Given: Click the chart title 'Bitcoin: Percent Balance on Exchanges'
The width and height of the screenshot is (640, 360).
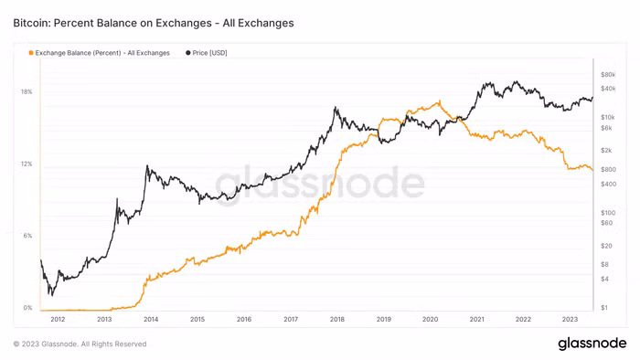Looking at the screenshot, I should click(x=154, y=23).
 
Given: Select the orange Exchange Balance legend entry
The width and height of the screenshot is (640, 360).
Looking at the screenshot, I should click(x=101, y=53).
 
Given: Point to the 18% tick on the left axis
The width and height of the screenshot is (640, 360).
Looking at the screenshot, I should click(x=27, y=92).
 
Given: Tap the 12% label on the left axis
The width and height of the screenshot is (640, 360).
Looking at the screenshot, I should click(x=27, y=164).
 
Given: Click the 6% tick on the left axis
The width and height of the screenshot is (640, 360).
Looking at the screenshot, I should click(x=27, y=236).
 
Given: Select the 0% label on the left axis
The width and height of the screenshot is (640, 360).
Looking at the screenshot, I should click(x=27, y=308).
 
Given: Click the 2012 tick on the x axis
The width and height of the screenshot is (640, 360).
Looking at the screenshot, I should click(x=58, y=320).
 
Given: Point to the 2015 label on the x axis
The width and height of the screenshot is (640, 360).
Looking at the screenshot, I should click(x=197, y=320).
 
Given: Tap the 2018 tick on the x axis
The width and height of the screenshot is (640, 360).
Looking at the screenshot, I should click(x=336, y=320).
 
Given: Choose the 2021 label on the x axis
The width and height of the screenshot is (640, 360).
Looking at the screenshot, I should click(x=476, y=320).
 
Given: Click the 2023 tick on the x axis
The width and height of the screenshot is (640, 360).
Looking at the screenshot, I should click(x=570, y=320).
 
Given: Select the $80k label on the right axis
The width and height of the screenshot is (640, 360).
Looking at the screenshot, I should click(x=608, y=74).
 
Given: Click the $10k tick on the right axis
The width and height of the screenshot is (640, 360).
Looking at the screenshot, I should click(x=608, y=118).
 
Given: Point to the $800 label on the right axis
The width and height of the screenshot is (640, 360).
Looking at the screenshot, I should click(x=608, y=170).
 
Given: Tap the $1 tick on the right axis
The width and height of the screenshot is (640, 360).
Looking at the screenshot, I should click(x=604, y=308).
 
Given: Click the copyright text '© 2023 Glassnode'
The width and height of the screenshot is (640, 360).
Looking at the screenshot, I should click(x=80, y=344).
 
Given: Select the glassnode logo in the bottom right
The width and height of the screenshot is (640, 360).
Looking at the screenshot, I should click(x=592, y=344).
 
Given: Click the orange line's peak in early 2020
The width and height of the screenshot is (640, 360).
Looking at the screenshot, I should click(x=441, y=100).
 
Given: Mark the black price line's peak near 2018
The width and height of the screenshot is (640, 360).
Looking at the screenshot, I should click(x=336, y=108).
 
